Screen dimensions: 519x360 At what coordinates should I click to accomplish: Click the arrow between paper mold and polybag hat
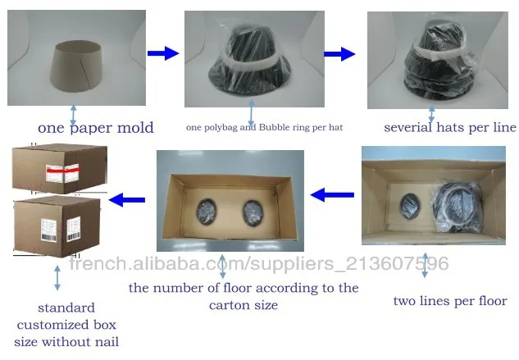click(x=162, y=53)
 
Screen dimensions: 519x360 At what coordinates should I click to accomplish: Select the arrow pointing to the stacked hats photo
click(x=339, y=54)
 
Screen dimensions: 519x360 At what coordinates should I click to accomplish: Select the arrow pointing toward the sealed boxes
click(x=128, y=198)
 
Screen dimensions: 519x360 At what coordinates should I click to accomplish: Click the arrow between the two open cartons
click(x=331, y=195)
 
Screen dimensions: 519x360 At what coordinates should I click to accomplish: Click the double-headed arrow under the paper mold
click(x=74, y=114)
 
